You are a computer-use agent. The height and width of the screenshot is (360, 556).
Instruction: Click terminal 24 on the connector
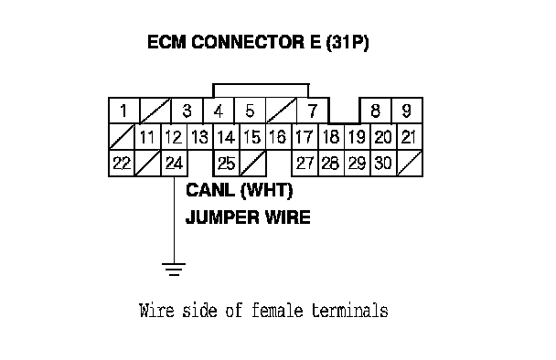point(174,164)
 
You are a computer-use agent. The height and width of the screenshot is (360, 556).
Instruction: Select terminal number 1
point(124,111)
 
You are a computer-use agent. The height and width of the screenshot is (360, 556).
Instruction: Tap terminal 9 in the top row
point(407,111)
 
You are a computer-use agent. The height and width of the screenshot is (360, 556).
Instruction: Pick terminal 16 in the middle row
point(278,137)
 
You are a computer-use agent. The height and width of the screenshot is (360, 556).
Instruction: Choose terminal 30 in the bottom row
point(383,164)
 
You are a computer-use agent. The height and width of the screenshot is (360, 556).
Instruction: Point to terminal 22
point(122,164)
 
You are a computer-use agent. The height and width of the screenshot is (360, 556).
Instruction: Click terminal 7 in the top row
point(313,111)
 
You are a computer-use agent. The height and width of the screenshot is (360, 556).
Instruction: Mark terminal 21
point(410,137)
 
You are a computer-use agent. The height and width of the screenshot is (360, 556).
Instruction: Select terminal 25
point(227,164)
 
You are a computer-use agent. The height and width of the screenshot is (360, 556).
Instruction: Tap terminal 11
point(148,137)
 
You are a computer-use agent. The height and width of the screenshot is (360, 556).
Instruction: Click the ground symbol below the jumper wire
point(174,270)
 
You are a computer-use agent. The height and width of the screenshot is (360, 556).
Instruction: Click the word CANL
point(211,190)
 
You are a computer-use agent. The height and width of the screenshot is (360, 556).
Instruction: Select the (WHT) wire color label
point(267,191)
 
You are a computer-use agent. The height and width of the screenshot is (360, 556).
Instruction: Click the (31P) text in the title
point(347,42)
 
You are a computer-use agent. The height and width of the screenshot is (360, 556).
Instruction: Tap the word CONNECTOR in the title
point(248,42)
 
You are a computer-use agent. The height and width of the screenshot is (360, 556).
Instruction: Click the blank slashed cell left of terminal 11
point(122,137)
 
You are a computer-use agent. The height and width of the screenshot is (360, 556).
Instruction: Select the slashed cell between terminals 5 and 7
point(281,111)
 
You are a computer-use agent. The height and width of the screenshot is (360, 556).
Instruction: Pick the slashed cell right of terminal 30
point(410,164)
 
